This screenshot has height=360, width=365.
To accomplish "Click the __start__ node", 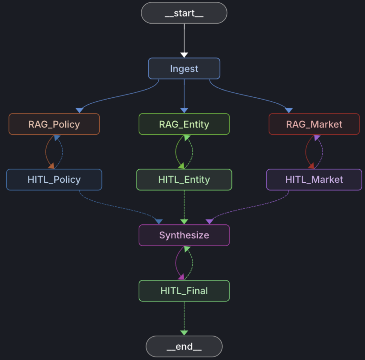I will (x=184, y=13).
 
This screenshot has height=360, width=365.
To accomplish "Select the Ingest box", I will (x=184, y=69).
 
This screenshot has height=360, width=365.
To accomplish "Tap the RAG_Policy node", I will (x=54, y=124).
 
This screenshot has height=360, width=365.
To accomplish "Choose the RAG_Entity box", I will (x=184, y=124).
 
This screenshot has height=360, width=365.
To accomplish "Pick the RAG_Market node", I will (x=314, y=124).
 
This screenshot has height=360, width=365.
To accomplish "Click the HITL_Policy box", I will (x=54, y=180).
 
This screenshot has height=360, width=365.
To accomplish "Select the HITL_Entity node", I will (x=184, y=180).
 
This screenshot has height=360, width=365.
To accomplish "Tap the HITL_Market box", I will (x=314, y=180).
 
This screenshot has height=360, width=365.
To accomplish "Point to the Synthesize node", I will (x=184, y=235).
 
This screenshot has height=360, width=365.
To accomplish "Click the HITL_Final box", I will (x=184, y=291).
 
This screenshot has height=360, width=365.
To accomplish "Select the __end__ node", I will (x=184, y=346).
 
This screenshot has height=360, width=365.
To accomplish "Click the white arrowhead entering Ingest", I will (x=184, y=55).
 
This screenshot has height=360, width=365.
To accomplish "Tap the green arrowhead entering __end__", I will (x=184, y=333).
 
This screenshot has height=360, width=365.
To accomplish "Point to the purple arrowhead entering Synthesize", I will (x=210, y=221).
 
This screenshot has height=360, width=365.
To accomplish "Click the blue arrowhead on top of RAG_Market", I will (x=289, y=110).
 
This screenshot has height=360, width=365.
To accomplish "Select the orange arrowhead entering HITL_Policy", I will (x=51, y=166).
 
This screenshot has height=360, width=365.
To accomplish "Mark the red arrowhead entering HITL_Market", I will (x=311, y=166).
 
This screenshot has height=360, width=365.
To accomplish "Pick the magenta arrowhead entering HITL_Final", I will (x=181, y=277).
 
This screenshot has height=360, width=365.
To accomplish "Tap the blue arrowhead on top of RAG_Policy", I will (x=80, y=110).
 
